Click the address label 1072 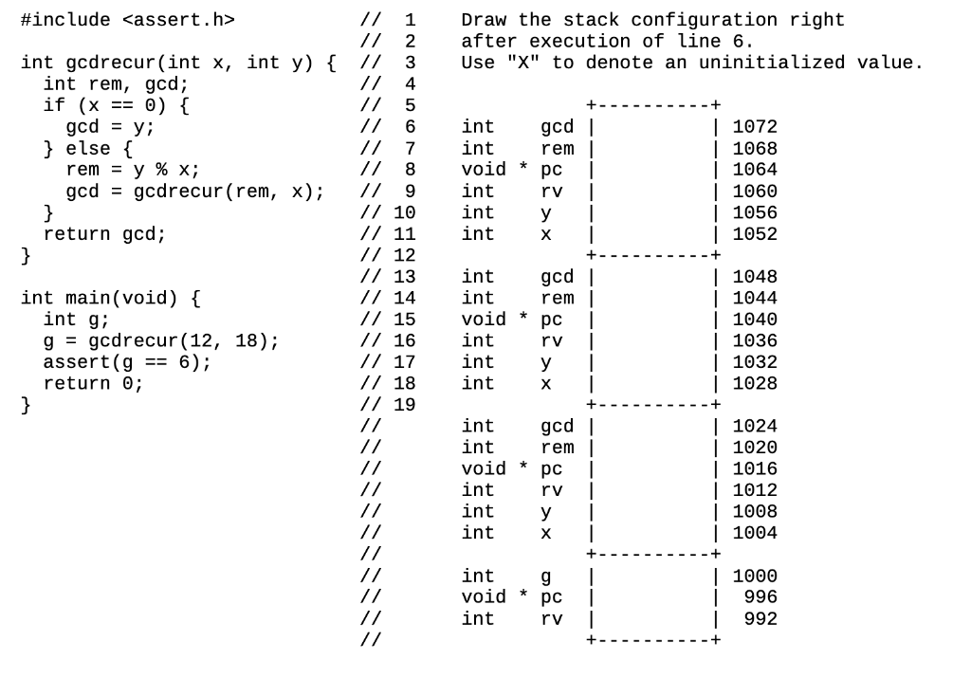coord(755,127)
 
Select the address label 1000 coord(755,577)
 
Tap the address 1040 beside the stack coord(755,320)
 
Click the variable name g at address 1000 coord(545,577)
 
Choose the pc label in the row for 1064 coord(551,170)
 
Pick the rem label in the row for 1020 coord(557,448)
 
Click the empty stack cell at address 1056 coord(653,212)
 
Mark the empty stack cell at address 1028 coord(653,383)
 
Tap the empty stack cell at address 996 coord(653,597)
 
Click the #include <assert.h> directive coord(127,20)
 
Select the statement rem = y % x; coord(133,170)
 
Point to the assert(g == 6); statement coord(127,362)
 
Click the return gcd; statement coord(104,234)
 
